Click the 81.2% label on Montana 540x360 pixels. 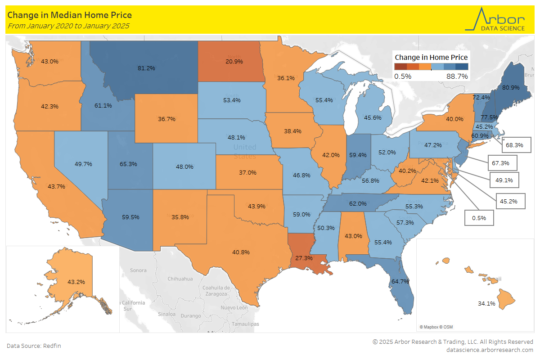(146, 68)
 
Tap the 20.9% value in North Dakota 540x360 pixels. (234, 61)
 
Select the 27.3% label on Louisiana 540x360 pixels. (304, 258)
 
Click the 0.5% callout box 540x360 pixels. (479, 218)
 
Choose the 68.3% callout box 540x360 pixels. (516, 145)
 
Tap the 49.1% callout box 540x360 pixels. (504, 180)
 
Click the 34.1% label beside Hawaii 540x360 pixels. (486, 303)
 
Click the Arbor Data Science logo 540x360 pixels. (495, 19)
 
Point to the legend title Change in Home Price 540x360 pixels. (431, 57)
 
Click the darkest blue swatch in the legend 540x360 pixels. (462, 67)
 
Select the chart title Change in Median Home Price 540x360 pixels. (69, 15)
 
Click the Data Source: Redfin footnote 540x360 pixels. (34, 346)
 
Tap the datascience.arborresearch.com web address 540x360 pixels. (490, 350)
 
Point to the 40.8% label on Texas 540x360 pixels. (241, 252)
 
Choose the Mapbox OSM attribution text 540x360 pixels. (436, 327)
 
